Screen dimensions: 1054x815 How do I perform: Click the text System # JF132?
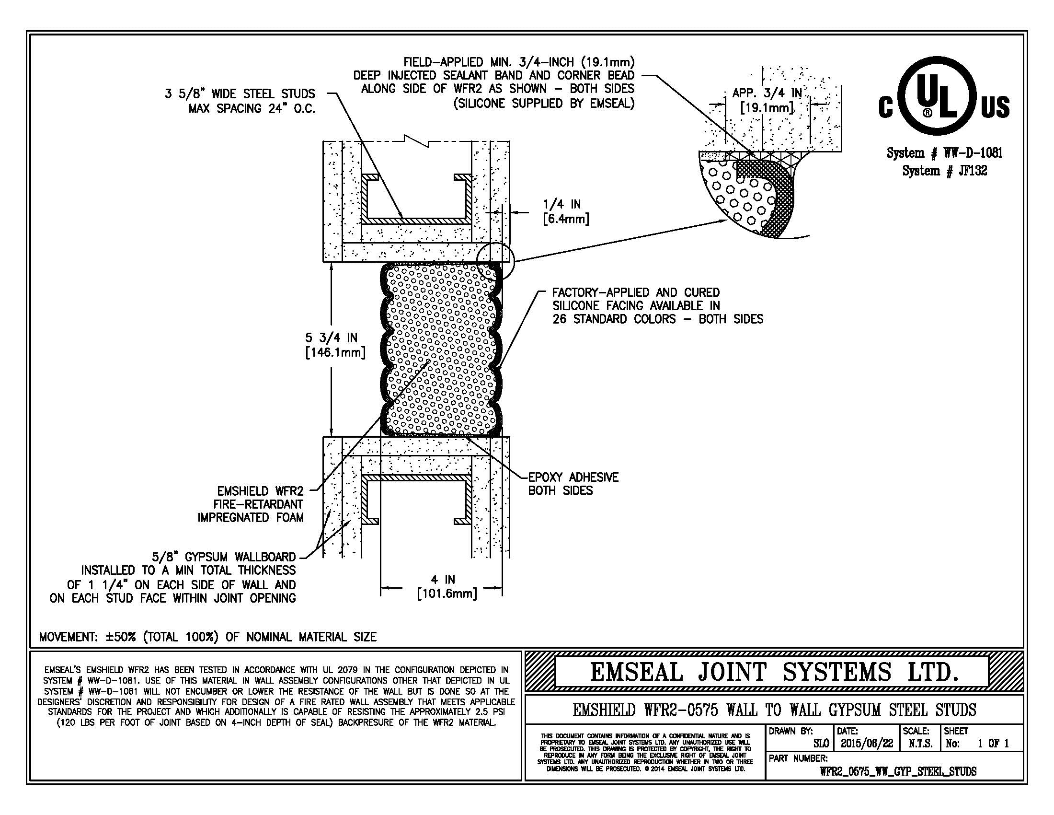click(944, 171)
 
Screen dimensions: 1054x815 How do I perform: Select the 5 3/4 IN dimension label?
click(335, 345)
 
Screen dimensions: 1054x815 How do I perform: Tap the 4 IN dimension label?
click(447, 586)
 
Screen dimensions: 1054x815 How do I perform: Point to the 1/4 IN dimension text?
click(566, 211)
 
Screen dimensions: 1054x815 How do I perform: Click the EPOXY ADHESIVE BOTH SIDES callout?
click(573, 484)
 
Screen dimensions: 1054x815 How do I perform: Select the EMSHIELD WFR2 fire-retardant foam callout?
click(251, 504)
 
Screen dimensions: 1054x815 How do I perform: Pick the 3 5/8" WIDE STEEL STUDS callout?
click(240, 101)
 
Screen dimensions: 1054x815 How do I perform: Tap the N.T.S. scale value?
click(920, 744)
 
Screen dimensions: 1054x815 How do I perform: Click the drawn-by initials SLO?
click(821, 744)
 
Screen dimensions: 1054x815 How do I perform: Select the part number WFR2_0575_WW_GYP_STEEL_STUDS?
click(898, 771)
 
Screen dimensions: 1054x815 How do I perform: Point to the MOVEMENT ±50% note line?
click(207, 637)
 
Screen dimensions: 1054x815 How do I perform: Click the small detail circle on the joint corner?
click(496, 261)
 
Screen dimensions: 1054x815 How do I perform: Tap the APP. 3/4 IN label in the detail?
click(767, 100)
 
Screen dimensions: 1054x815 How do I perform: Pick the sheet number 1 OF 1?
click(993, 744)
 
